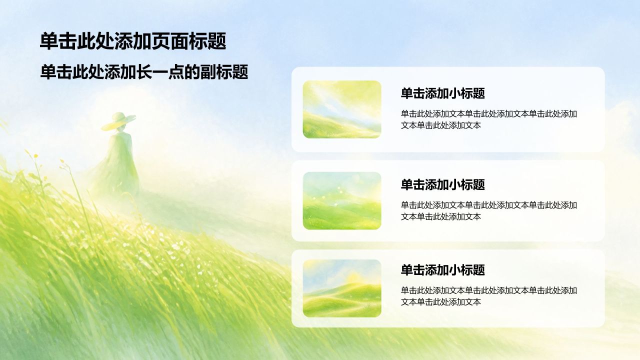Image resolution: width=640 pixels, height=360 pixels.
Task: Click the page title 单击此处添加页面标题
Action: point(133,41)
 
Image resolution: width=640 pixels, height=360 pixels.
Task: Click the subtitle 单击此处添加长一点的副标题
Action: point(144,71)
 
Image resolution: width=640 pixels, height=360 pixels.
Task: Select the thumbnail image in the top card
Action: point(342,109)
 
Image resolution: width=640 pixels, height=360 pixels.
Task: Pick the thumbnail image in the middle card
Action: point(342,200)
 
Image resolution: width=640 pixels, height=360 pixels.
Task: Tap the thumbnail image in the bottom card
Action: point(342,288)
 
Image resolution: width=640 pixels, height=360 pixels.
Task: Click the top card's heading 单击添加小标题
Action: point(443,93)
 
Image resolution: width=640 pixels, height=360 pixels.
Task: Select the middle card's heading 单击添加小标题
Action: point(443,184)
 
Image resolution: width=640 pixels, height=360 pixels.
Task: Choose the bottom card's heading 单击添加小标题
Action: point(443,270)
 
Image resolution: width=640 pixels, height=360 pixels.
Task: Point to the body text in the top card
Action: point(489,119)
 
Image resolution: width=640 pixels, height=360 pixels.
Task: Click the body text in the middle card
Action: point(489,211)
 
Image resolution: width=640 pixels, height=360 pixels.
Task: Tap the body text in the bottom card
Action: point(489,296)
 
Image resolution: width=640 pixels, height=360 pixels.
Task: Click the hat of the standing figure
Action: point(118,121)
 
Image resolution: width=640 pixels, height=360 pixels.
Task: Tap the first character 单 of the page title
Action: point(49,41)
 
